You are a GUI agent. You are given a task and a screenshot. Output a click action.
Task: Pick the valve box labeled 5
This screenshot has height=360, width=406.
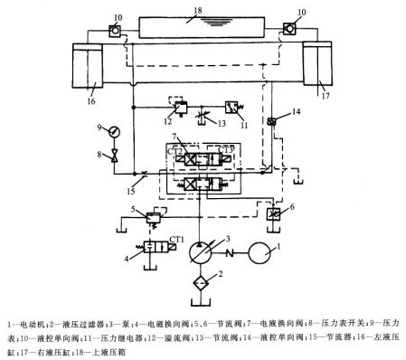(143, 215)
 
